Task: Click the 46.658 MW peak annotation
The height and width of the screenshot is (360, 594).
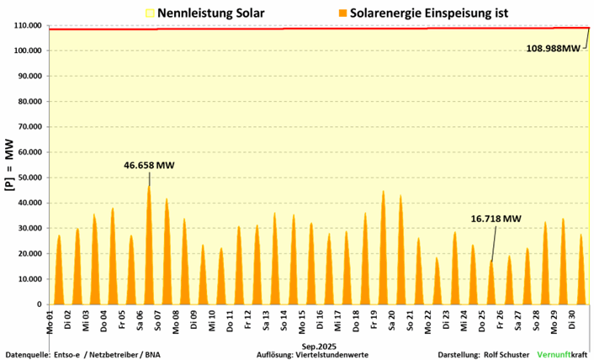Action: pyautogui.click(x=149, y=167)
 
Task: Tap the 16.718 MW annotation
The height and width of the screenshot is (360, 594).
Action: pyautogui.click(x=496, y=220)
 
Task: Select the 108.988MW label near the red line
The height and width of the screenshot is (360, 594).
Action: pyautogui.click(x=553, y=49)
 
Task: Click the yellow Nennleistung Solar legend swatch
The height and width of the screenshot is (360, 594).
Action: pyautogui.click(x=151, y=13)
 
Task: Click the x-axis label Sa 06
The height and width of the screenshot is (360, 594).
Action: pyautogui.click(x=140, y=320)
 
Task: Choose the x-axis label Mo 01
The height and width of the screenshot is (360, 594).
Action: pyautogui.click(x=50, y=320)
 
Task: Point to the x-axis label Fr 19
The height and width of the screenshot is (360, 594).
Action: pyautogui.click(x=371, y=320)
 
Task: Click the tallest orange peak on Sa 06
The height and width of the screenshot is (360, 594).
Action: pyautogui.click(x=149, y=187)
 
